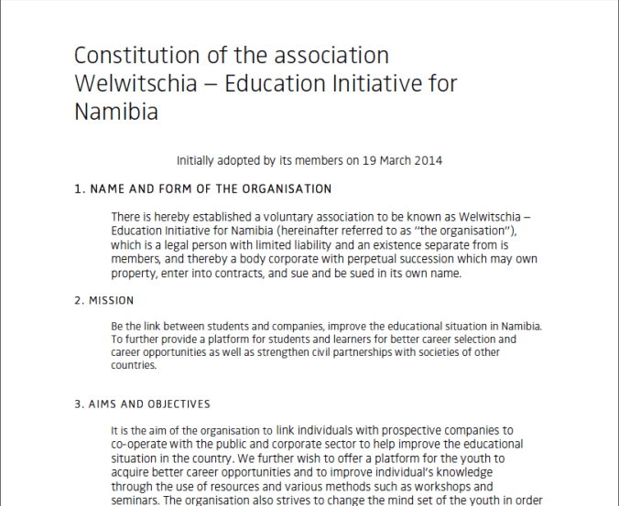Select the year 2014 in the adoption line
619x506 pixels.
coord(428,160)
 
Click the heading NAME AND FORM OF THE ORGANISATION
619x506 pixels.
coord(209,189)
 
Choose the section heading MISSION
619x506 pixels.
coord(111,300)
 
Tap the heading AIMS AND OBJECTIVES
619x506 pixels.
coord(149,404)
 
